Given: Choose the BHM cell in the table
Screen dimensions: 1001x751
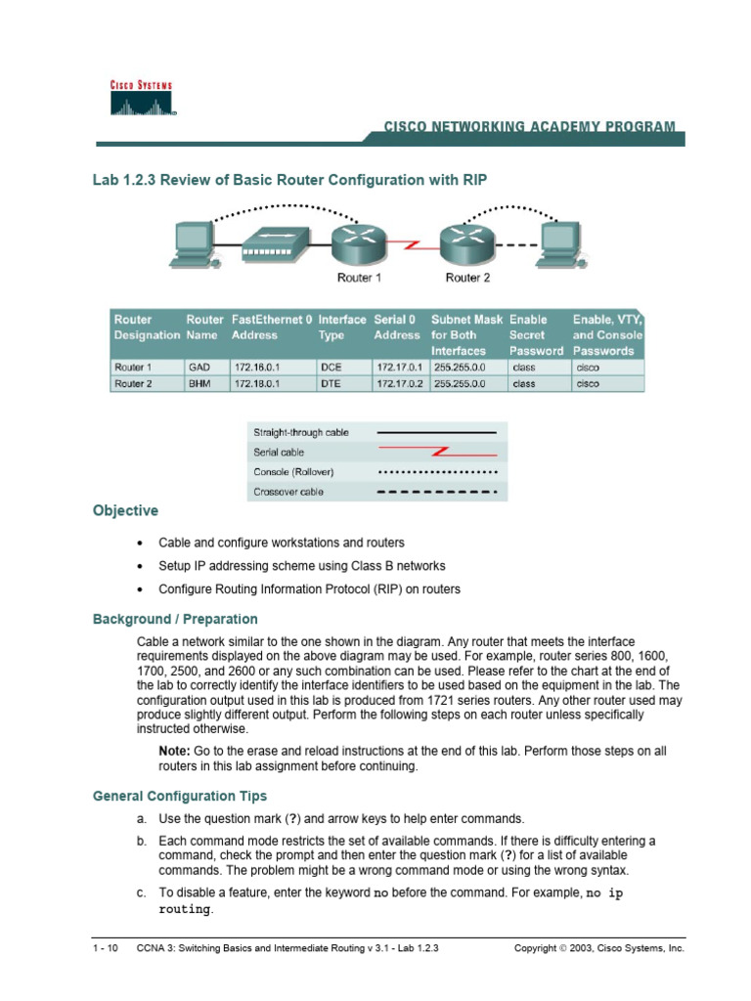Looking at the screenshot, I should click(198, 384).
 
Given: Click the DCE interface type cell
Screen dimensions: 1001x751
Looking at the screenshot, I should click(330, 368).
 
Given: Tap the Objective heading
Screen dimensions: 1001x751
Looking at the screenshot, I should click(125, 511).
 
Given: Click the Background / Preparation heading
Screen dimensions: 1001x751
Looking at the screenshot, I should click(175, 619).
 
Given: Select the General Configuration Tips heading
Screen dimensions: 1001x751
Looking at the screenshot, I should click(179, 797).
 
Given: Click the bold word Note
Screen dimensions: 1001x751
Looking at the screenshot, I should click(174, 750).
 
